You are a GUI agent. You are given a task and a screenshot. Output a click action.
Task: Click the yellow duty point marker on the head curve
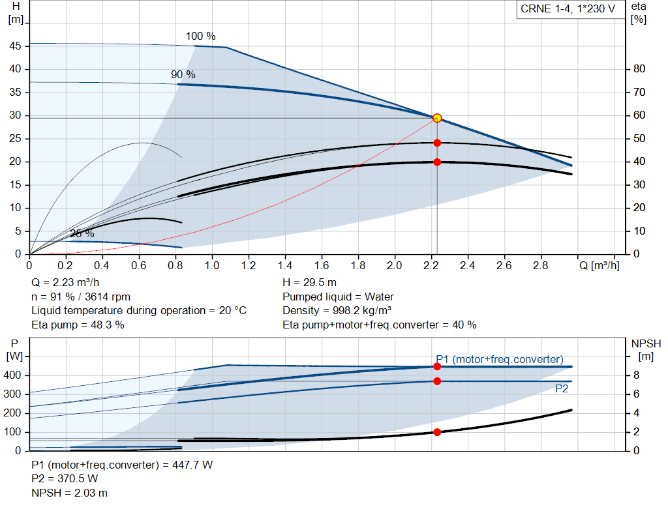point(437,118)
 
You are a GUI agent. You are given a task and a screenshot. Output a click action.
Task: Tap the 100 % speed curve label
point(200,36)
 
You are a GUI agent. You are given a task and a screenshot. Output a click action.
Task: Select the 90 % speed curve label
point(183,75)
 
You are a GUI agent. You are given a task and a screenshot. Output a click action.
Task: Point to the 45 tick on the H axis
point(15,46)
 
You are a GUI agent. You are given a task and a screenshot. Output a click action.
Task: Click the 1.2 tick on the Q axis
point(249,266)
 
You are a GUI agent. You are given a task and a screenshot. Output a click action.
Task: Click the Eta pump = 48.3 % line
point(78,325)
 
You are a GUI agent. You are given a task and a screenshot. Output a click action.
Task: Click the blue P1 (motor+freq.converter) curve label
point(500,359)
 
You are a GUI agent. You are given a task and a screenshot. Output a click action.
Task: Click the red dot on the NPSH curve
point(437,432)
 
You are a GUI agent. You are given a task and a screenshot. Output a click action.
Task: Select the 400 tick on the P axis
point(14,375)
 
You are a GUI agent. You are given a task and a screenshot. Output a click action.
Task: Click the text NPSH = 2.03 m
point(70,493)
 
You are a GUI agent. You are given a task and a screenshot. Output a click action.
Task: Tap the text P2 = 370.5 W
point(65,479)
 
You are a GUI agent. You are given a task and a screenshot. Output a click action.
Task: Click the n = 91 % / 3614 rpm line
point(81,297)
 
